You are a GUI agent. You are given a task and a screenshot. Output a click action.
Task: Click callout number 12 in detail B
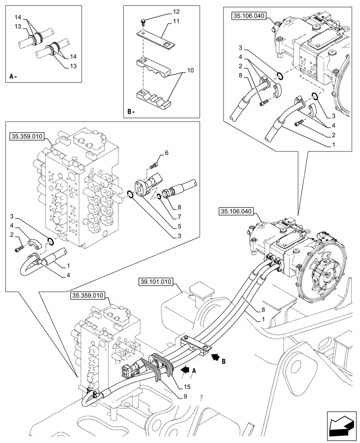pyautogui.click(x=164, y=11)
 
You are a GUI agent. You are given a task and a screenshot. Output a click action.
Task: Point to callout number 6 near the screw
pyautogui.click(x=167, y=153)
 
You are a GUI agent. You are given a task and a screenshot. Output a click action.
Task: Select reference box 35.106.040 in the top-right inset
pyautogui.click(x=248, y=16)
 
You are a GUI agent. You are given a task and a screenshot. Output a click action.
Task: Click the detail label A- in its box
pyautogui.click(x=13, y=77)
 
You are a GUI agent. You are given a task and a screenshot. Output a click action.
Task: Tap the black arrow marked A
pyautogui.click(x=184, y=368)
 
